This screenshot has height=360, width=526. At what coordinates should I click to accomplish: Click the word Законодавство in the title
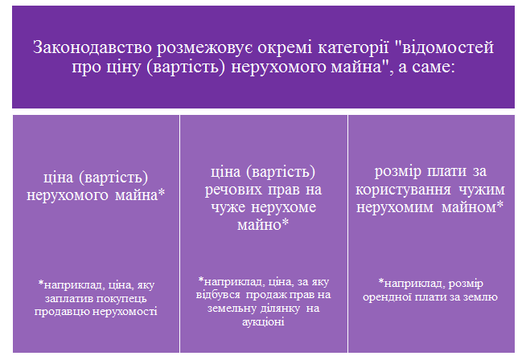tap(92, 47)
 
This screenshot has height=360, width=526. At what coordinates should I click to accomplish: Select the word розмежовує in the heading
tap(204, 48)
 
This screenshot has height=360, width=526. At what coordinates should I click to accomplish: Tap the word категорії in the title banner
tap(353, 48)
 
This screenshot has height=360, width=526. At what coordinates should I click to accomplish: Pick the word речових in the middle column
tap(233, 190)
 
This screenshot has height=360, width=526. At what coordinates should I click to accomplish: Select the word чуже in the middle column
tap(228, 207)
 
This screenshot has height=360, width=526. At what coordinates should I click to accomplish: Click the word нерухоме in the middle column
tap(284, 208)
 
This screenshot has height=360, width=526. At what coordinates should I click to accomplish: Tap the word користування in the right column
tap(403, 190)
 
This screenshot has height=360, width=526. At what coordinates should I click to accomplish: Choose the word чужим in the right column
tap(482, 190)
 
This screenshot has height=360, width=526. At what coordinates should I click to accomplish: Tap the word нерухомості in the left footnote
tap(125, 312)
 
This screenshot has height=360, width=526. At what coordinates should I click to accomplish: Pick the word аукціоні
tap(263, 322)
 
